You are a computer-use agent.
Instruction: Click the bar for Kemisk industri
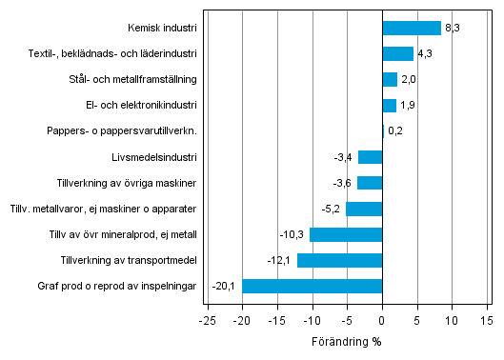point(411,28)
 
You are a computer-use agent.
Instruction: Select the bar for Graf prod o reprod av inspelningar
point(312,286)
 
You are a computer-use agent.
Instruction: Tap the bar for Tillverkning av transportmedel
point(339,260)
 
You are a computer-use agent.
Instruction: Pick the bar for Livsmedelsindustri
point(370,157)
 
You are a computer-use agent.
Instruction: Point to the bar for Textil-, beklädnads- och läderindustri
point(397,53)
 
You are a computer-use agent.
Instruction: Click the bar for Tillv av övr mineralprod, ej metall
point(346,234)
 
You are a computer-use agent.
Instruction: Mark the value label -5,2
point(332,209)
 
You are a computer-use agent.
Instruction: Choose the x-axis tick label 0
point(382,322)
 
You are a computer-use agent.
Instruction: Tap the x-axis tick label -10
point(312,322)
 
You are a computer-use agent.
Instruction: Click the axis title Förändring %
point(346,342)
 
